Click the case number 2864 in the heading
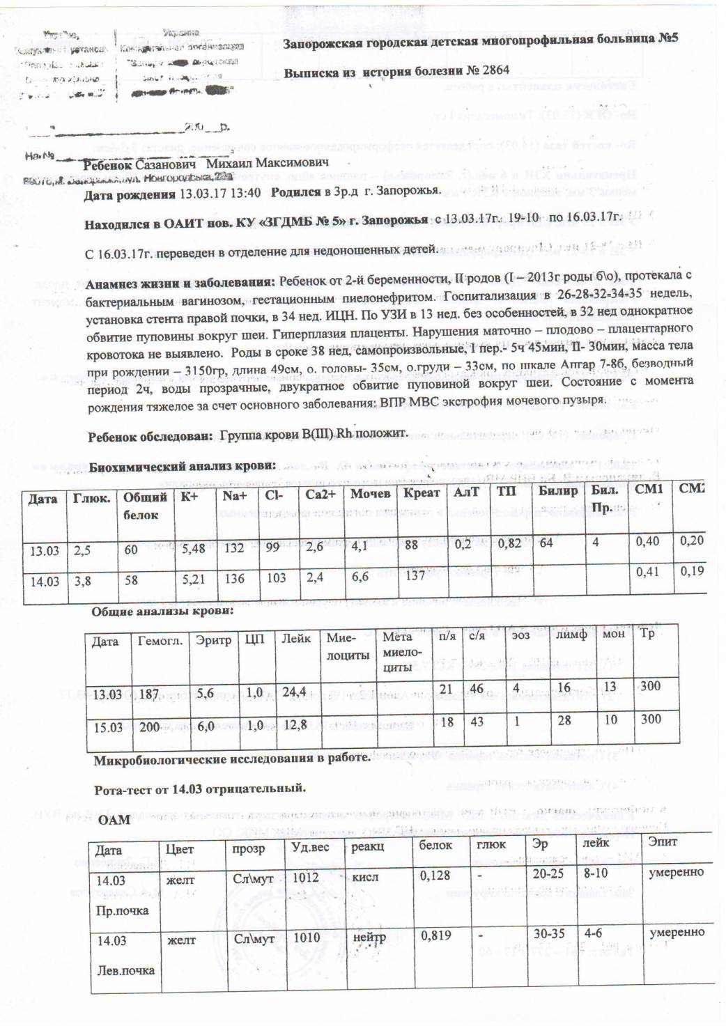(x=495, y=70)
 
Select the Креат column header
(x=422, y=493)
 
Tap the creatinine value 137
(x=415, y=575)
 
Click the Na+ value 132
(x=234, y=548)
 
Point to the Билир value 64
(x=546, y=542)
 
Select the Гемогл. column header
(x=160, y=640)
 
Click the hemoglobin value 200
(x=150, y=726)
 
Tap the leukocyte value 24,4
(x=294, y=692)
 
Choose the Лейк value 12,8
(x=295, y=725)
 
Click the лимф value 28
(x=564, y=720)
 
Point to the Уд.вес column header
(x=310, y=847)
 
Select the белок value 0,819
(x=435, y=936)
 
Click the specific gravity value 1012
(x=306, y=878)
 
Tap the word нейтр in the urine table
(x=369, y=938)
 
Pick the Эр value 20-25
(x=548, y=873)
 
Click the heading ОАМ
(x=114, y=820)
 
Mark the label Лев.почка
(x=125, y=970)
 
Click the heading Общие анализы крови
(x=162, y=612)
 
